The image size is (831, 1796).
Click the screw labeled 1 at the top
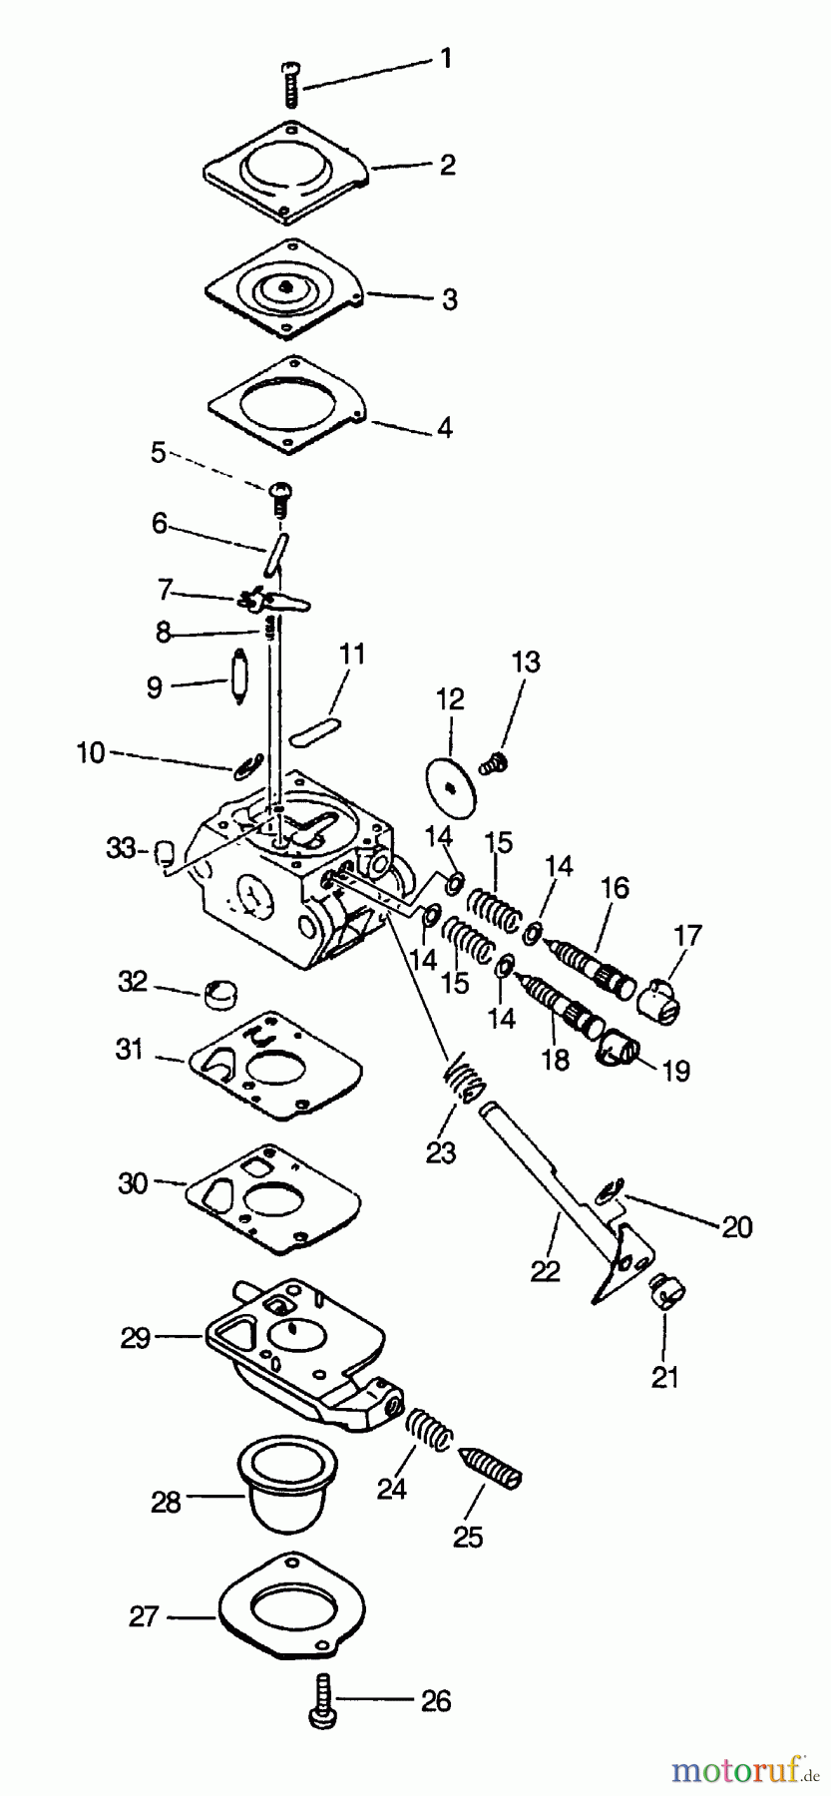tap(290, 82)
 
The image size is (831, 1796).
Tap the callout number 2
tap(447, 165)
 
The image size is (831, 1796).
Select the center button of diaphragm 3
tap(286, 287)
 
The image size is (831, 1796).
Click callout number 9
tap(154, 687)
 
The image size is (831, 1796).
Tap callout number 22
tap(546, 1270)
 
